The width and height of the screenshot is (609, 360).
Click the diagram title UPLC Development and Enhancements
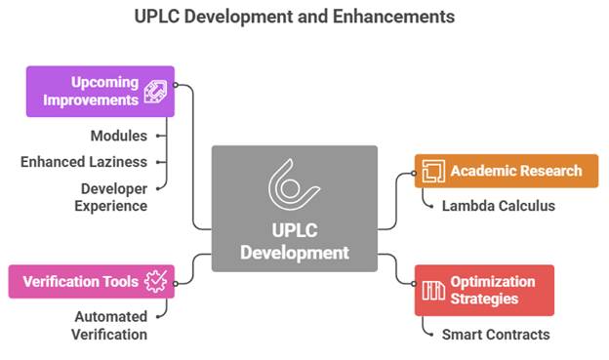tap(295, 17)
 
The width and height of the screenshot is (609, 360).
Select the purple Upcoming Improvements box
tap(101, 92)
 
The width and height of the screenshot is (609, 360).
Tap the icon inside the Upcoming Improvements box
tap(155, 92)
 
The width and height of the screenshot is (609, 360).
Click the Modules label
tap(119, 136)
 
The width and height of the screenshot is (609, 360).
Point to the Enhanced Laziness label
tap(84, 162)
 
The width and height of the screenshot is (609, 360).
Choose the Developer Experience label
tap(111, 197)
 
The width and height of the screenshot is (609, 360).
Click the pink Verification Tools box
tap(92, 282)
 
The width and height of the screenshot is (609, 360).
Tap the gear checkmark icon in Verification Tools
tap(156, 282)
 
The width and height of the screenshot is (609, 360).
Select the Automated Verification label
tap(109, 326)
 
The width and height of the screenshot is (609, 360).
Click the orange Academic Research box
tap(507, 171)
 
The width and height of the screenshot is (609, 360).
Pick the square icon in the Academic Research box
tap(433, 171)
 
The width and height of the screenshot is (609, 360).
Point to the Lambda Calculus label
tap(499, 206)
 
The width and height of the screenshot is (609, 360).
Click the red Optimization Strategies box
tap(484, 291)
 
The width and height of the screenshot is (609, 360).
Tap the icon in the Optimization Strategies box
tap(433, 291)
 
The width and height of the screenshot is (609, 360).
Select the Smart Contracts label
tap(496, 335)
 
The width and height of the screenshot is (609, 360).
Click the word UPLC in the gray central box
tap(295, 230)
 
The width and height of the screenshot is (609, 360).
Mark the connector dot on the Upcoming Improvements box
tap(175, 85)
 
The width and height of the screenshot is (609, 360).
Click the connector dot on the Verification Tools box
tap(175, 284)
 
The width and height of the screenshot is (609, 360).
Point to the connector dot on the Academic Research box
tap(414, 174)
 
